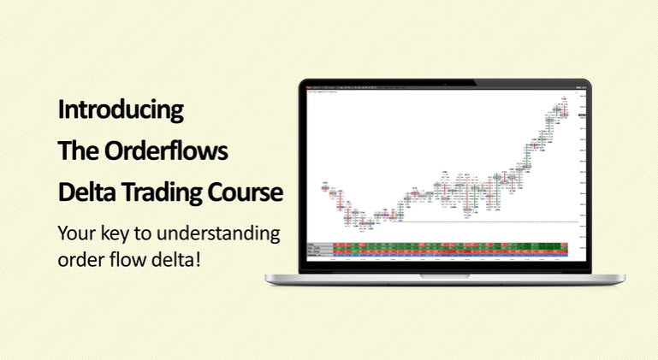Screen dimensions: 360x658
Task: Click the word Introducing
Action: pyautogui.click(x=121, y=109)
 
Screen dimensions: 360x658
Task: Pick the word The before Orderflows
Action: pyautogui.click(x=77, y=150)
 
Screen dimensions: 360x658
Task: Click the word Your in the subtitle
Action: pyautogui.click(x=74, y=233)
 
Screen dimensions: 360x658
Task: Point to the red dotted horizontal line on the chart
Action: pyautogui.click(x=488, y=222)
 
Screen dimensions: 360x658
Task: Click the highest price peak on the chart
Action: pyautogui.click(x=563, y=102)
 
